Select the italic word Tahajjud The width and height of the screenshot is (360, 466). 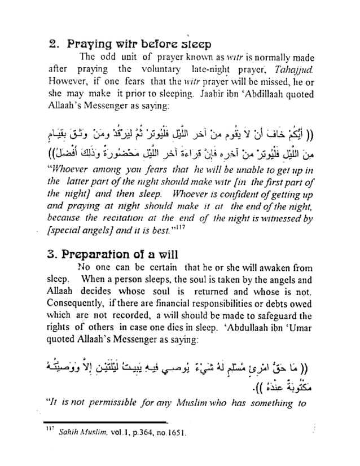coord(295,69)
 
